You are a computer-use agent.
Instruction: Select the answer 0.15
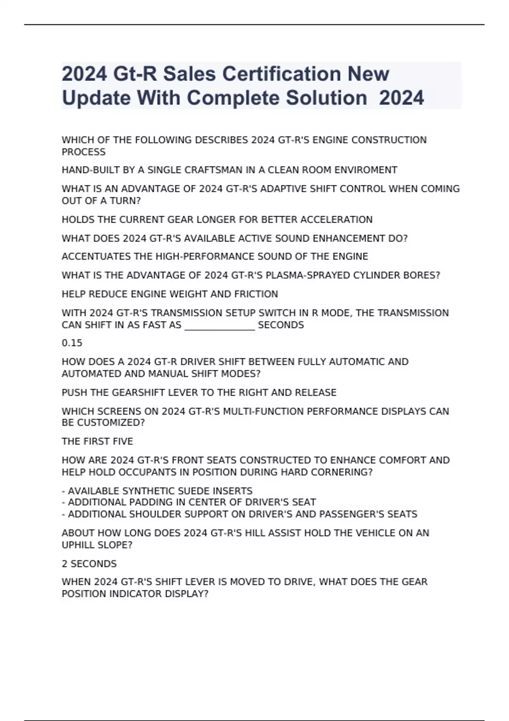click(72, 343)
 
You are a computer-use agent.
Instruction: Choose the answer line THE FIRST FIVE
click(97, 442)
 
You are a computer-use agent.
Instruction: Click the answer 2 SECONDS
click(89, 564)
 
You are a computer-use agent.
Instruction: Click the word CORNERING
click(344, 472)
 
